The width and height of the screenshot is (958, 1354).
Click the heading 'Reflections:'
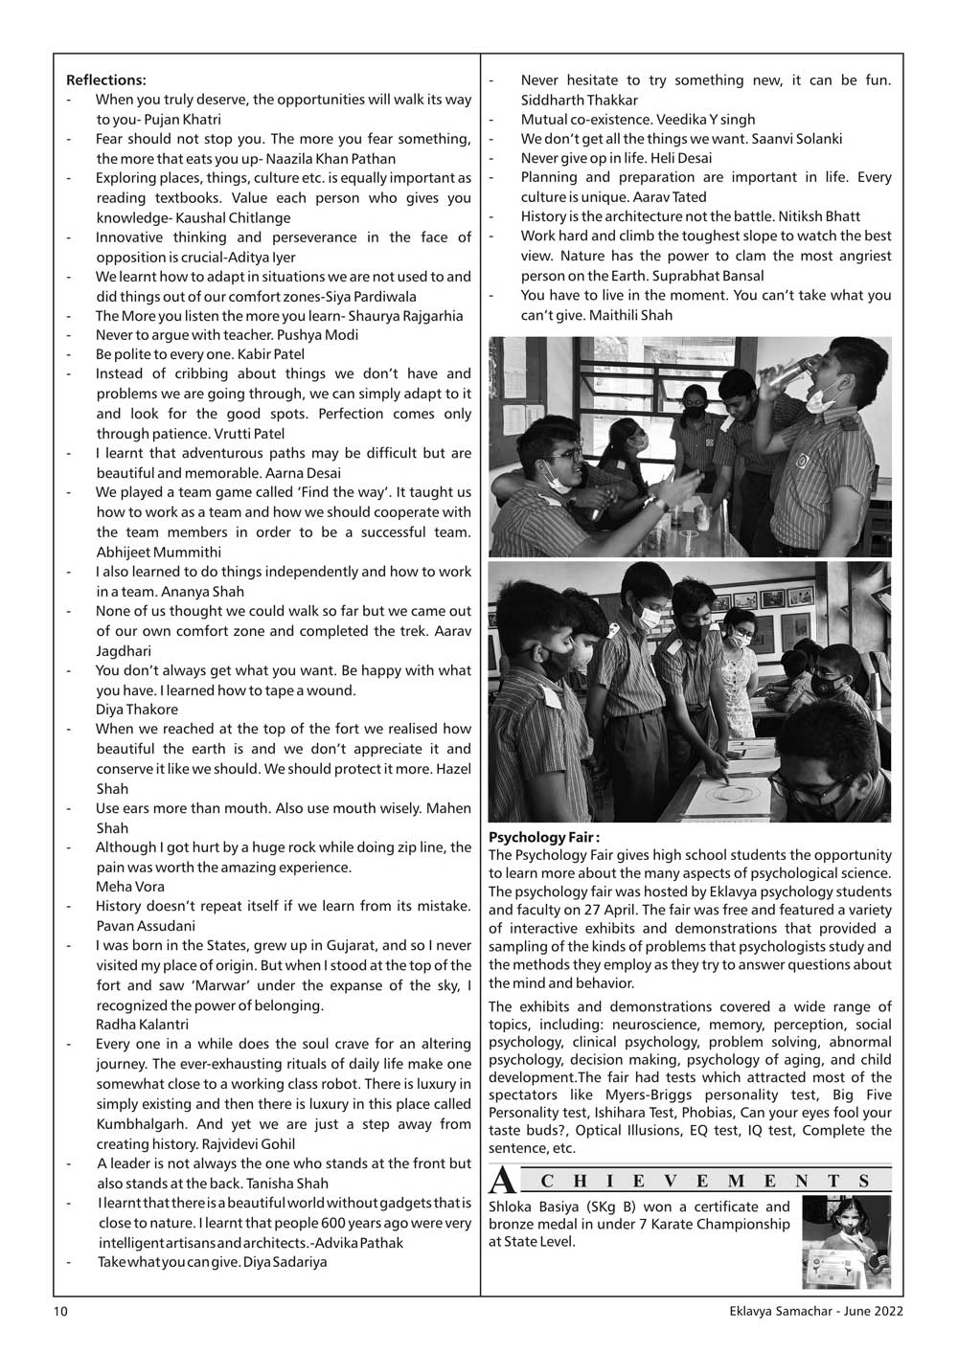105,79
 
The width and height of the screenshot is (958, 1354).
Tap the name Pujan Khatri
185,120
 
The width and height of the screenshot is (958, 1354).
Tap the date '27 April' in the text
704,909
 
